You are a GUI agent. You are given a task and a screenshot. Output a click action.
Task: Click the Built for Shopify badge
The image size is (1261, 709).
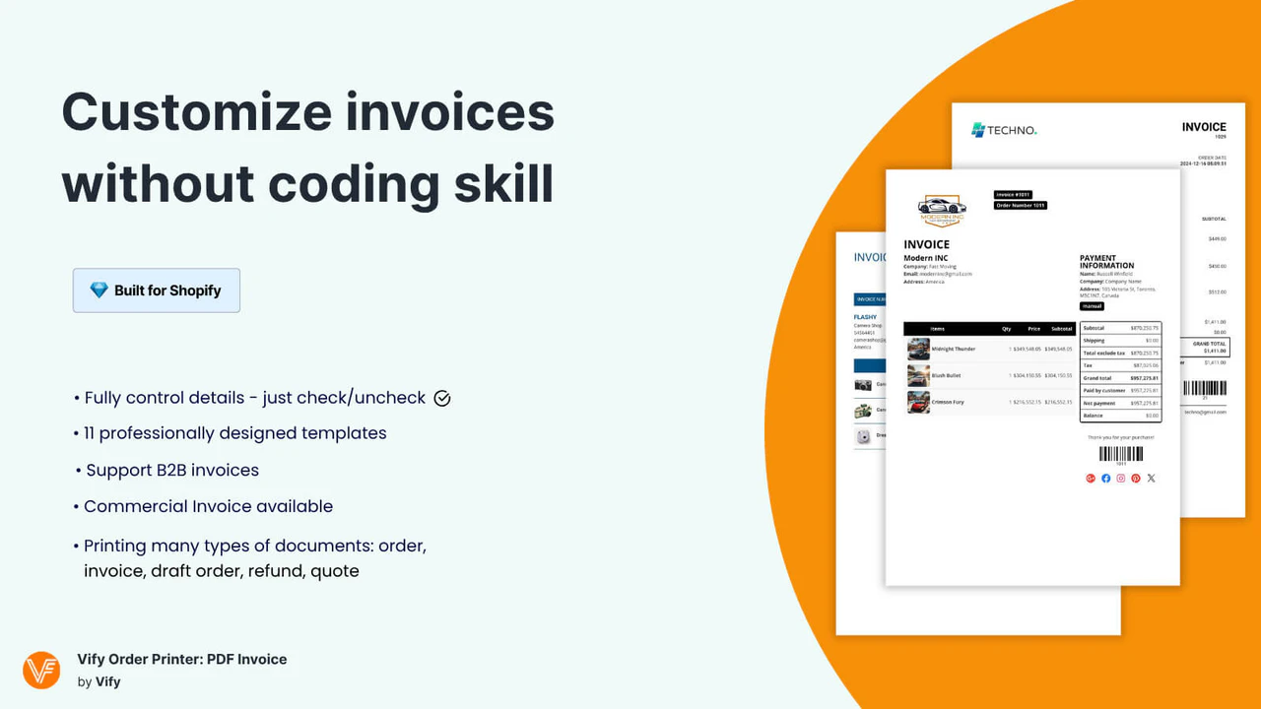click(156, 290)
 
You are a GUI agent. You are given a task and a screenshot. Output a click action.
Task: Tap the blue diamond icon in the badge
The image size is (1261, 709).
click(99, 290)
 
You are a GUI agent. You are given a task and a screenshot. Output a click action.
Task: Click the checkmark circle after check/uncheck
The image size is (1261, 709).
click(442, 398)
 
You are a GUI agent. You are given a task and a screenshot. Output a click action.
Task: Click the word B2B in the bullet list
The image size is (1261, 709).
click(176, 470)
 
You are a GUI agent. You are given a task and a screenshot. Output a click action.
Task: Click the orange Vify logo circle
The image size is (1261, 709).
click(41, 670)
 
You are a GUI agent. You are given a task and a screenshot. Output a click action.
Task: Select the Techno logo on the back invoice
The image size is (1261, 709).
click(1004, 130)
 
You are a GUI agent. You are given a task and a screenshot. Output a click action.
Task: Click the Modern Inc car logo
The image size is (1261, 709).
click(942, 209)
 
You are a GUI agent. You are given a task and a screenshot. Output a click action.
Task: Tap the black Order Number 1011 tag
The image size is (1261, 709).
click(1020, 206)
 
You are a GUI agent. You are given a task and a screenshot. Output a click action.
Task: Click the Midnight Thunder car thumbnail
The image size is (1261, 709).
click(918, 349)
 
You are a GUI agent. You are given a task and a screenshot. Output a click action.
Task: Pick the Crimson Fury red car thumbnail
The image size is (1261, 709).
click(918, 402)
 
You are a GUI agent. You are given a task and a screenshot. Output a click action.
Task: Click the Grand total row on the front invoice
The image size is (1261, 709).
click(1120, 378)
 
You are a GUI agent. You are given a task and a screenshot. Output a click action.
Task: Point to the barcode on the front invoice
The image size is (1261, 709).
click(1121, 454)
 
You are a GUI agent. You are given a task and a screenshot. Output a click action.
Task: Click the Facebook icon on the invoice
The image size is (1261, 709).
click(1106, 479)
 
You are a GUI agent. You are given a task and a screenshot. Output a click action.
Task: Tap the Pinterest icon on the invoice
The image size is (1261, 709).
click(1136, 479)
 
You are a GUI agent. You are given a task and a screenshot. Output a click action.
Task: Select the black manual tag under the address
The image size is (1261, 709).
click(1092, 306)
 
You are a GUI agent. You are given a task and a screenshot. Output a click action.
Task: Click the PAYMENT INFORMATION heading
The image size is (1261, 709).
click(1106, 262)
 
